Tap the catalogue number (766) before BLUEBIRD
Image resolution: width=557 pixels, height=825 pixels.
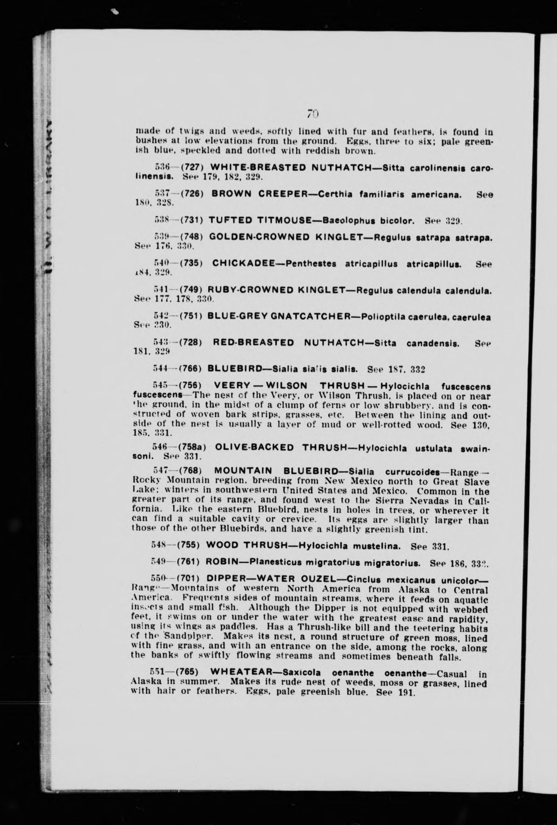pos(191,369)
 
